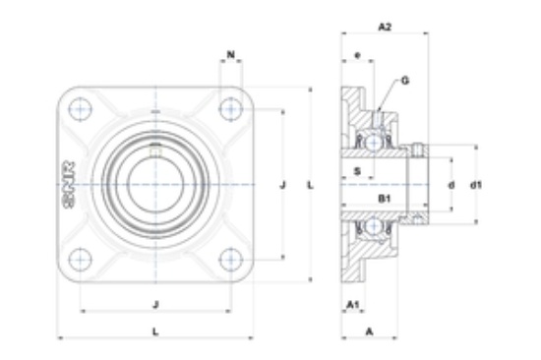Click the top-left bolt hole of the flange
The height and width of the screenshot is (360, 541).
coord(81,109)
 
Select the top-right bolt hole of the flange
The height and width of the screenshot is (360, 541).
coord(231,109)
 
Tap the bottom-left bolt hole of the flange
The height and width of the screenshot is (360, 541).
coord(81,260)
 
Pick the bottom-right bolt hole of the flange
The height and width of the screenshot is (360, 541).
coord(231,260)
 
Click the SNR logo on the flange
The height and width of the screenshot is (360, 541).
coord(69,185)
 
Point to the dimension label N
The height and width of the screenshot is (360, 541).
coord(231,54)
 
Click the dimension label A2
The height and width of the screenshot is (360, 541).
coord(385,27)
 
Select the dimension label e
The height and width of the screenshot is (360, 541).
coord(357,55)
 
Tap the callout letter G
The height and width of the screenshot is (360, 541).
coord(405,81)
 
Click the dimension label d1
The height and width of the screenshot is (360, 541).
coord(476,185)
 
